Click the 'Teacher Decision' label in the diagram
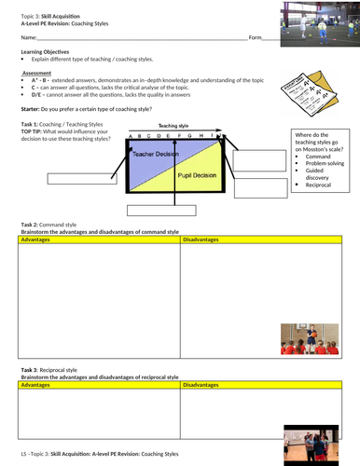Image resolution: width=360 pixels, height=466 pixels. (156, 153)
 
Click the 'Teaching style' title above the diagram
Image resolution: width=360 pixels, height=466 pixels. (174, 124)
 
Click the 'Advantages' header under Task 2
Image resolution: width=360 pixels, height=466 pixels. (37, 240)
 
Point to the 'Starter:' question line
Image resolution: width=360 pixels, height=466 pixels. (84, 109)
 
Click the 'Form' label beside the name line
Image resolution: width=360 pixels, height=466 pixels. (256, 37)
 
